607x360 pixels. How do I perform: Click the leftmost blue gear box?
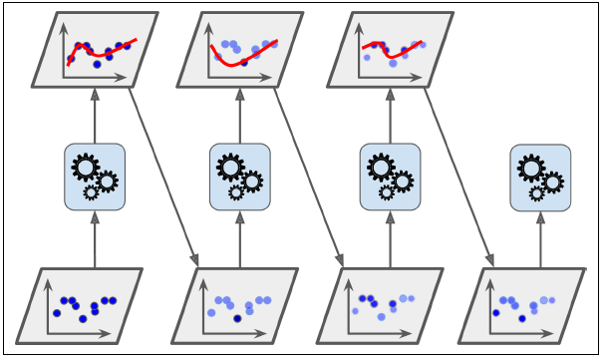click(95, 177)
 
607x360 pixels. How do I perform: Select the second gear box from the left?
click(240, 177)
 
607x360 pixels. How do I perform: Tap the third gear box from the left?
click(390, 177)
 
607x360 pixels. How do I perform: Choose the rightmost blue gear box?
click(541, 177)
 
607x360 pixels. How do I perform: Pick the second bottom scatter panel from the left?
click(235, 305)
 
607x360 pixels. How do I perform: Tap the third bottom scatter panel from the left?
click(383, 305)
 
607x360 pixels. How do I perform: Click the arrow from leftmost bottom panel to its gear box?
click(95, 239)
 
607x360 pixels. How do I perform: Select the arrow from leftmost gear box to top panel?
click(95, 116)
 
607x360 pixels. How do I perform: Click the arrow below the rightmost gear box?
click(541, 239)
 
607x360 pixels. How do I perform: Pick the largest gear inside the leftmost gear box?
click(87, 169)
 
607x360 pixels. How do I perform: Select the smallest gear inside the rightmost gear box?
click(537, 192)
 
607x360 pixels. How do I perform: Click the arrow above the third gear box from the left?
click(390, 116)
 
